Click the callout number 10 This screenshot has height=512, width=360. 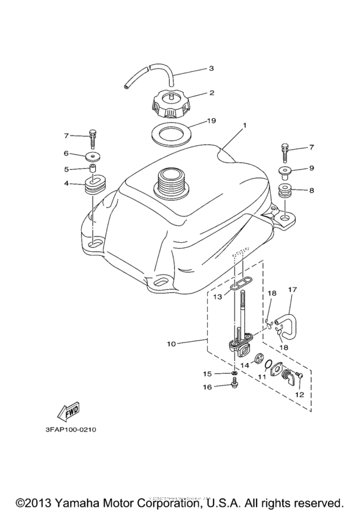tap(172, 344)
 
